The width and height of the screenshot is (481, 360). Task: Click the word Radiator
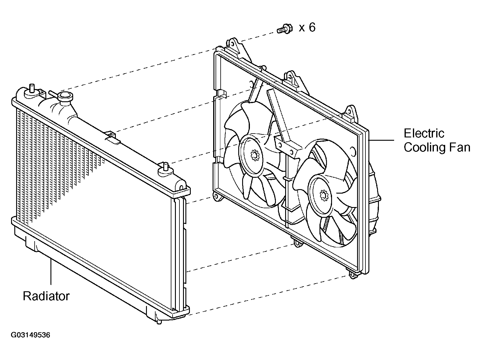pos(46,296)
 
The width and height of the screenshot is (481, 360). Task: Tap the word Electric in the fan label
pos(424,133)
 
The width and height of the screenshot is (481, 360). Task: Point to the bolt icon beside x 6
pos(285,29)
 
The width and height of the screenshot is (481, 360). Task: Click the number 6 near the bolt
pos(312,27)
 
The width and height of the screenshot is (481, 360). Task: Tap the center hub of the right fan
pos(323,195)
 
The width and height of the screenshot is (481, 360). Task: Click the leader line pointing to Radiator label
pos(51,272)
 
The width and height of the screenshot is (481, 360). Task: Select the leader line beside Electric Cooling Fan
pos(381,140)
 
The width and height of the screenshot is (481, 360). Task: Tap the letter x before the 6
pos(302,28)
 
